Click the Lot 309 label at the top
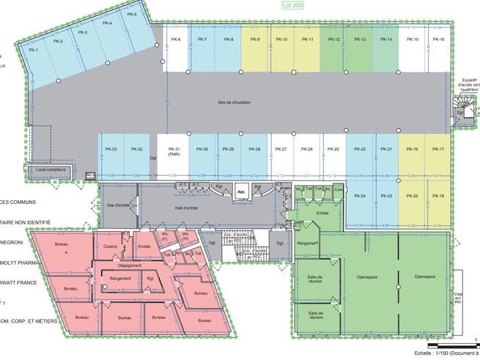[x=292, y=5]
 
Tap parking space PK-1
[x=34, y=50]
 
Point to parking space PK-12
[x=333, y=40]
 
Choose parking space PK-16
[x=438, y=40]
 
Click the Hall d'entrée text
[x=186, y=208]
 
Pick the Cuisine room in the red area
[x=111, y=246]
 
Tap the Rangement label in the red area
[x=120, y=278]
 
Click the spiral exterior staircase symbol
[x=463, y=114]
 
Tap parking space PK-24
[x=359, y=196]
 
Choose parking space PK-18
[x=438, y=196]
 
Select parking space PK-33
[x=111, y=150]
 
